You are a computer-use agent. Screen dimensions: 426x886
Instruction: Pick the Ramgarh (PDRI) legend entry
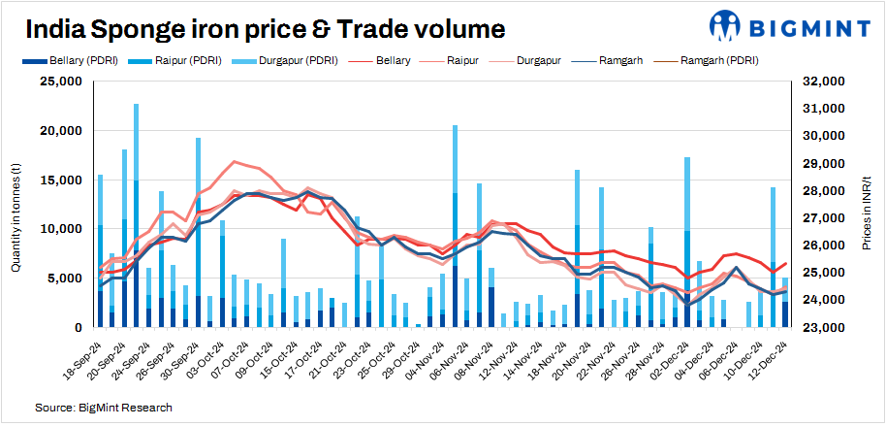click(x=720, y=60)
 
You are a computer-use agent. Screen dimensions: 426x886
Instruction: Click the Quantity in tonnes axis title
click(x=16, y=204)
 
